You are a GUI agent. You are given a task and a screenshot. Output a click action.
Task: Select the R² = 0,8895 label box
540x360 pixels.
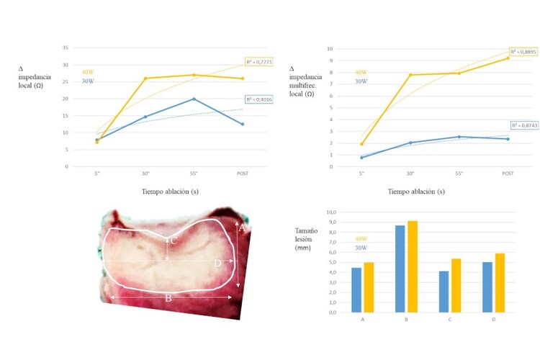tap(522, 52)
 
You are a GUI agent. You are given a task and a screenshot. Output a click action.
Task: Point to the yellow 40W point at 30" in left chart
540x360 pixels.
tap(146, 78)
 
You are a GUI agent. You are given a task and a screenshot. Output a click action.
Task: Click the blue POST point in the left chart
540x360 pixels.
tap(242, 124)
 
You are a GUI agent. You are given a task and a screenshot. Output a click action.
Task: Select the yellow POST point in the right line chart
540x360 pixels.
tap(508, 58)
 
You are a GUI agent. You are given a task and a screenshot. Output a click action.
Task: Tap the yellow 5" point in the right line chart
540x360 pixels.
tap(361, 144)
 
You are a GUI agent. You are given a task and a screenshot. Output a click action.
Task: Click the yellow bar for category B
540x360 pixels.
tap(412, 266)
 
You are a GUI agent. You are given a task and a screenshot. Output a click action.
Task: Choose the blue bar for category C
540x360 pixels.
tap(444, 292)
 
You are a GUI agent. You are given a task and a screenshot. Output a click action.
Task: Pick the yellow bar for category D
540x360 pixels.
tap(500, 282)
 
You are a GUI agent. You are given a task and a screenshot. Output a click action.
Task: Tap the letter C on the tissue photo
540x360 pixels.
tap(174, 240)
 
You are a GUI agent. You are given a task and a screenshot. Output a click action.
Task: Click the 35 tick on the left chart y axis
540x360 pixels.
tap(66, 48)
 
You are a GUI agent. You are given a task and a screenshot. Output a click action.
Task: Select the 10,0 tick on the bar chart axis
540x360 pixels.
tap(332, 212)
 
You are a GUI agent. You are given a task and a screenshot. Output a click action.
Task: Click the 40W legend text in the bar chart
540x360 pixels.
tap(361, 239)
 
